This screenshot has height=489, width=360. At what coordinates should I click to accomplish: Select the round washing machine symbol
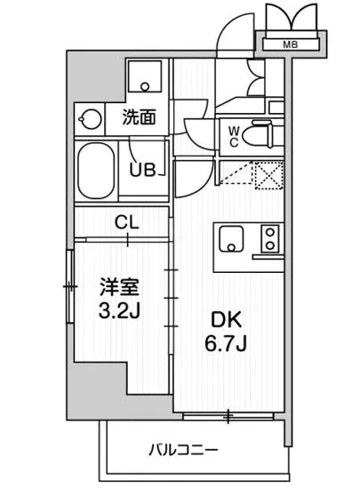(x=92, y=117)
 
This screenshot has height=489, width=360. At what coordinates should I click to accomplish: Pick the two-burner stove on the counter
(x=268, y=239)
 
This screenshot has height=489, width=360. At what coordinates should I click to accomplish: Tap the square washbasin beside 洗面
(x=141, y=78)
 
